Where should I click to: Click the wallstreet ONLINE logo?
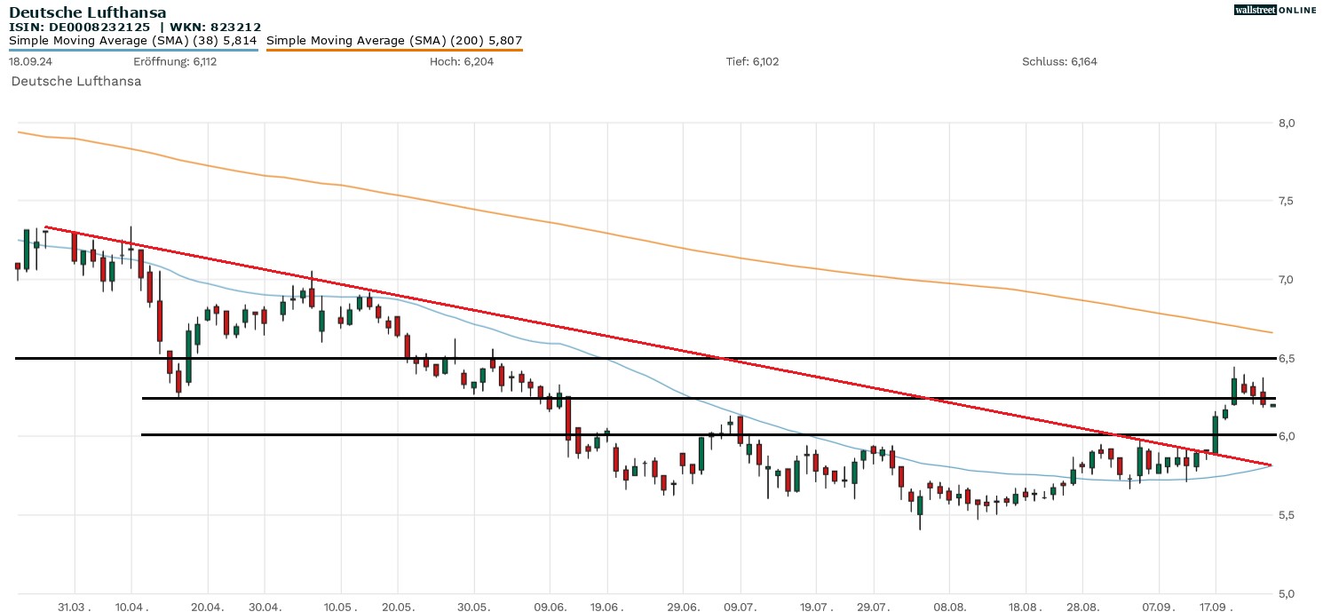pos(1275,10)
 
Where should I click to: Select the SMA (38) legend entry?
pos(133,40)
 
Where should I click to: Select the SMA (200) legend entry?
pos(394,40)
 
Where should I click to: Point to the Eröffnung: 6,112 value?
pos(175,61)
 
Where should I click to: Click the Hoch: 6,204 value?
pos(461,61)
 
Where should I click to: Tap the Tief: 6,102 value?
pos(752,61)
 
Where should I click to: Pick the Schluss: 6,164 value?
pos(1059,61)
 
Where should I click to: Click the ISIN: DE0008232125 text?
pos(80,28)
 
